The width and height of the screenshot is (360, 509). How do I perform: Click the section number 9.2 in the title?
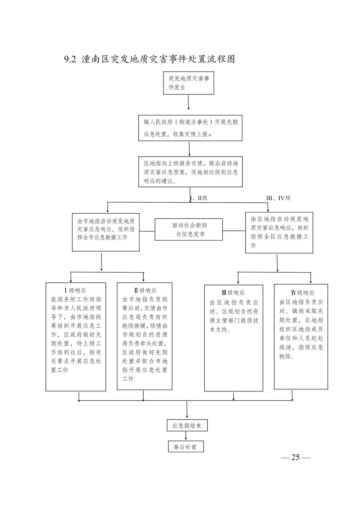(70, 59)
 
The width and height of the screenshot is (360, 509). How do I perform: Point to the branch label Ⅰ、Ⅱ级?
(199, 198)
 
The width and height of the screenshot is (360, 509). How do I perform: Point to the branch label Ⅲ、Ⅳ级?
(278, 198)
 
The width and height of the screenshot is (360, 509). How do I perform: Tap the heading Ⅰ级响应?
(75, 290)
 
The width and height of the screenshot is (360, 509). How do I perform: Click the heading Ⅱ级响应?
(145, 290)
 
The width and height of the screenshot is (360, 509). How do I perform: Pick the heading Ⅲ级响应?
(233, 293)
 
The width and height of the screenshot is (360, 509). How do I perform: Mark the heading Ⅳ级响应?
(303, 293)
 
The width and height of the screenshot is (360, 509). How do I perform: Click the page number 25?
(295, 457)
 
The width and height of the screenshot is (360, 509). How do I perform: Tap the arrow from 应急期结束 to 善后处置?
(186, 436)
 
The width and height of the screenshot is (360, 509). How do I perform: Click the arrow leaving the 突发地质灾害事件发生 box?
(188, 102)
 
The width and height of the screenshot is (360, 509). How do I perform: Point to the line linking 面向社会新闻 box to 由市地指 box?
(147, 231)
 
